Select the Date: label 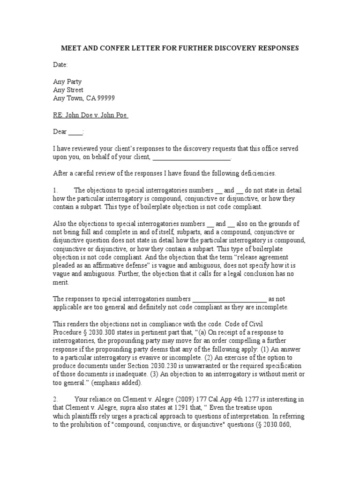pyautogui.click(x=60, y=64)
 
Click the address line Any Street pyautogui.click(x=68, y=90)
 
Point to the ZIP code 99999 pyautogui.click(x=105, y=98)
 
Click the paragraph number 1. pyautogui.click(x=55, y=190)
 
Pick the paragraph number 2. pyautogui.click(x=55, y=399)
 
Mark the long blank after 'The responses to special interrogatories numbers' pyautogui.click(x=230, y=299)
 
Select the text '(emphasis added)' pyautogui.click(x=117, y=382)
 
